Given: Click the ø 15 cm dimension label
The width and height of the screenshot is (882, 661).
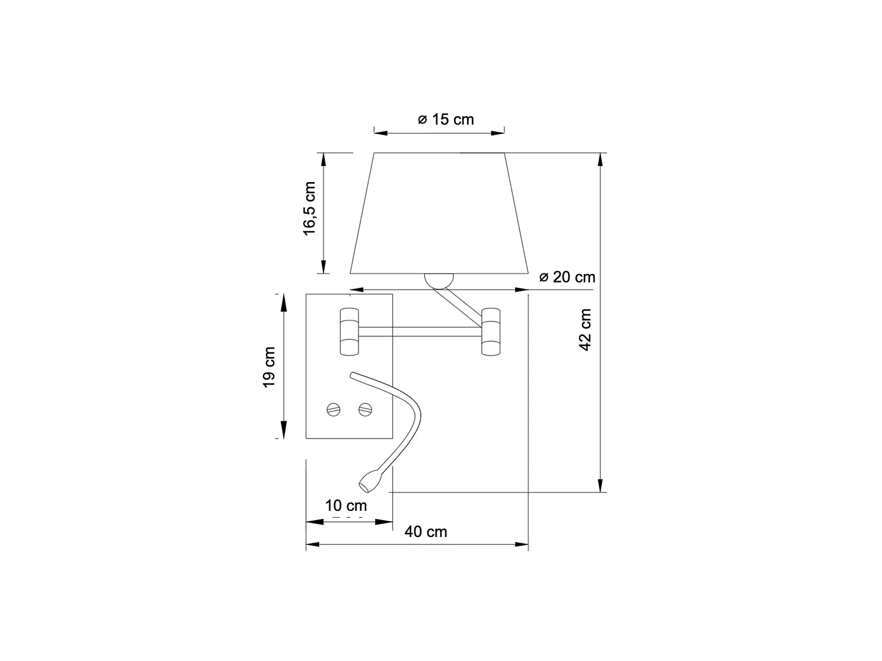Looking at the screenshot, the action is [446, 120].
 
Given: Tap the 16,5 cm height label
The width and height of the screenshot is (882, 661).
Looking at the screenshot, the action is [310, 209].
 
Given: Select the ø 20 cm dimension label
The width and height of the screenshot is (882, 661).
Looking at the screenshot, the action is [567, 277].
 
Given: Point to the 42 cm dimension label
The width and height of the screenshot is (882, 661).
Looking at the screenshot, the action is [586, 330].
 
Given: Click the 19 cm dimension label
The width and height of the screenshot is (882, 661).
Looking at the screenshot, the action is [269, 367].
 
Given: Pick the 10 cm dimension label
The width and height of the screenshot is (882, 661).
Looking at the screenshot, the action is [346, 506].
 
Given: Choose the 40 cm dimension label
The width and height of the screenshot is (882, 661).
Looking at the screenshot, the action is [426, 532].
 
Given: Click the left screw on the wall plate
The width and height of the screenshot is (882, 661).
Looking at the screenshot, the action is [333, 409].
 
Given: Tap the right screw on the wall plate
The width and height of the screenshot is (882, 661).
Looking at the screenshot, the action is [365, 409].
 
